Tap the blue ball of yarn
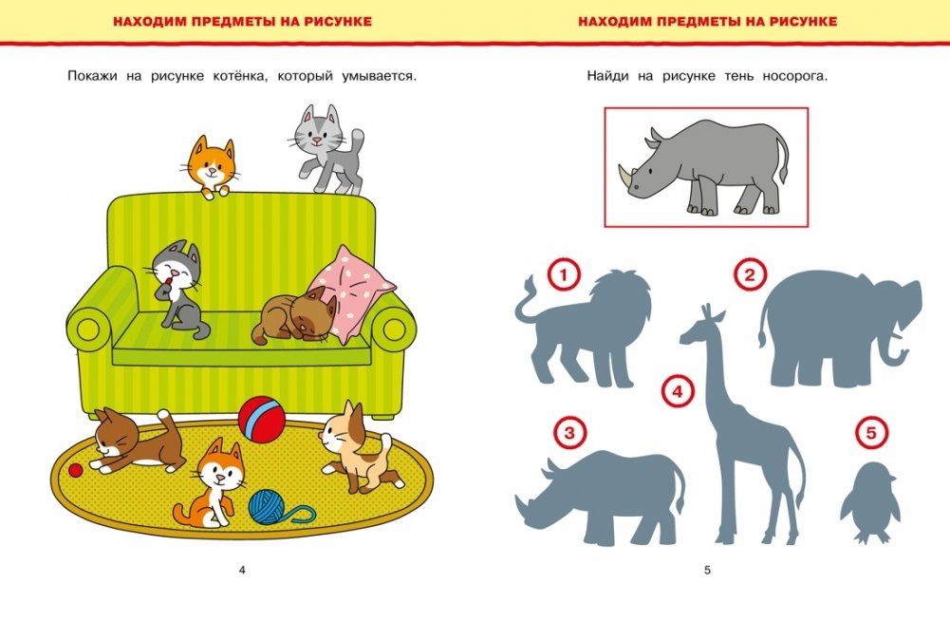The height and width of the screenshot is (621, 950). point(270,506)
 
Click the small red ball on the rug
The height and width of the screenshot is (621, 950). point(75,470)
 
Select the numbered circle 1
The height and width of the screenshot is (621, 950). point(564,276)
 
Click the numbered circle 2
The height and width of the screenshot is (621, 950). point(750,275)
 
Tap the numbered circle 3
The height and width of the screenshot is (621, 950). point(569,433)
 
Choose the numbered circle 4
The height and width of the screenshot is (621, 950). point(678,392)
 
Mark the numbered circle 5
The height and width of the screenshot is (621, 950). point(871,433)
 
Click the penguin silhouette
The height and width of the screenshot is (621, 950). point(869,503)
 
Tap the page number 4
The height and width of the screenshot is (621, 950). point(242,570)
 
